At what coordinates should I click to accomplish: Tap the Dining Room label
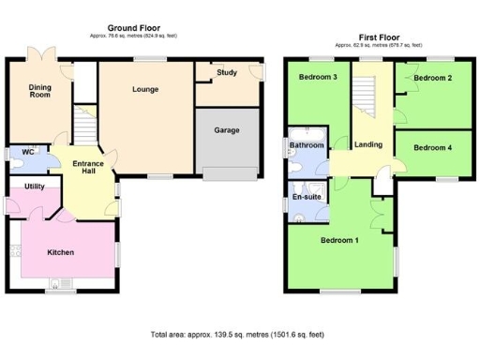point(39,90)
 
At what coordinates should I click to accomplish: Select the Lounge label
point(144,89)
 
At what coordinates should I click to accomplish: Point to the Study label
point(226,72)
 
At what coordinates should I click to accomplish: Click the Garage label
point(226,130)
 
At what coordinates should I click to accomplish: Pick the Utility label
point(36,187)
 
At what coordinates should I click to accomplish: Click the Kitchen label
point(60,252)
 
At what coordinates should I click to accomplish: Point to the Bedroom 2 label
point(433,78)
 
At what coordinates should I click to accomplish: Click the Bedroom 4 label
point(432,147)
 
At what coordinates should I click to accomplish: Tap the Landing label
point(367,144)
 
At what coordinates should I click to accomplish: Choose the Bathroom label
point(306,146)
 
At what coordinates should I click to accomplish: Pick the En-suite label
point(307,198)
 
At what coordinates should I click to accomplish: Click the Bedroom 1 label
point(339,241)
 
